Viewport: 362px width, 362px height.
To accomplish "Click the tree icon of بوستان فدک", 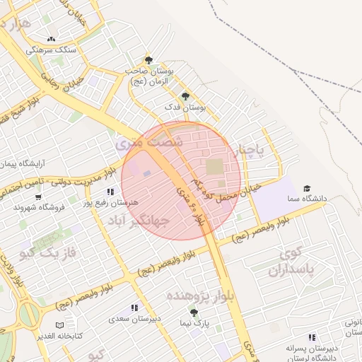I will (185, 96).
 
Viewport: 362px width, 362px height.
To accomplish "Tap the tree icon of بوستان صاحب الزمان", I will (148, 60).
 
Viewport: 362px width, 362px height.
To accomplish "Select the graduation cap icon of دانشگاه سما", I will (307, 188).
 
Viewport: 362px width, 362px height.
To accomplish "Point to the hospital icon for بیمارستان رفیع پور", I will (110, 192).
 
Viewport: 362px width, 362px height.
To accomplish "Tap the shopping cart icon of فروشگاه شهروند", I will (38, 197).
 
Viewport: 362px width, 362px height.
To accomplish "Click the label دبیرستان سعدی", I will (135, 319).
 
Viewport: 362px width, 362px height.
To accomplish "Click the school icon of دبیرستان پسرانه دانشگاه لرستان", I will (312, 338).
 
